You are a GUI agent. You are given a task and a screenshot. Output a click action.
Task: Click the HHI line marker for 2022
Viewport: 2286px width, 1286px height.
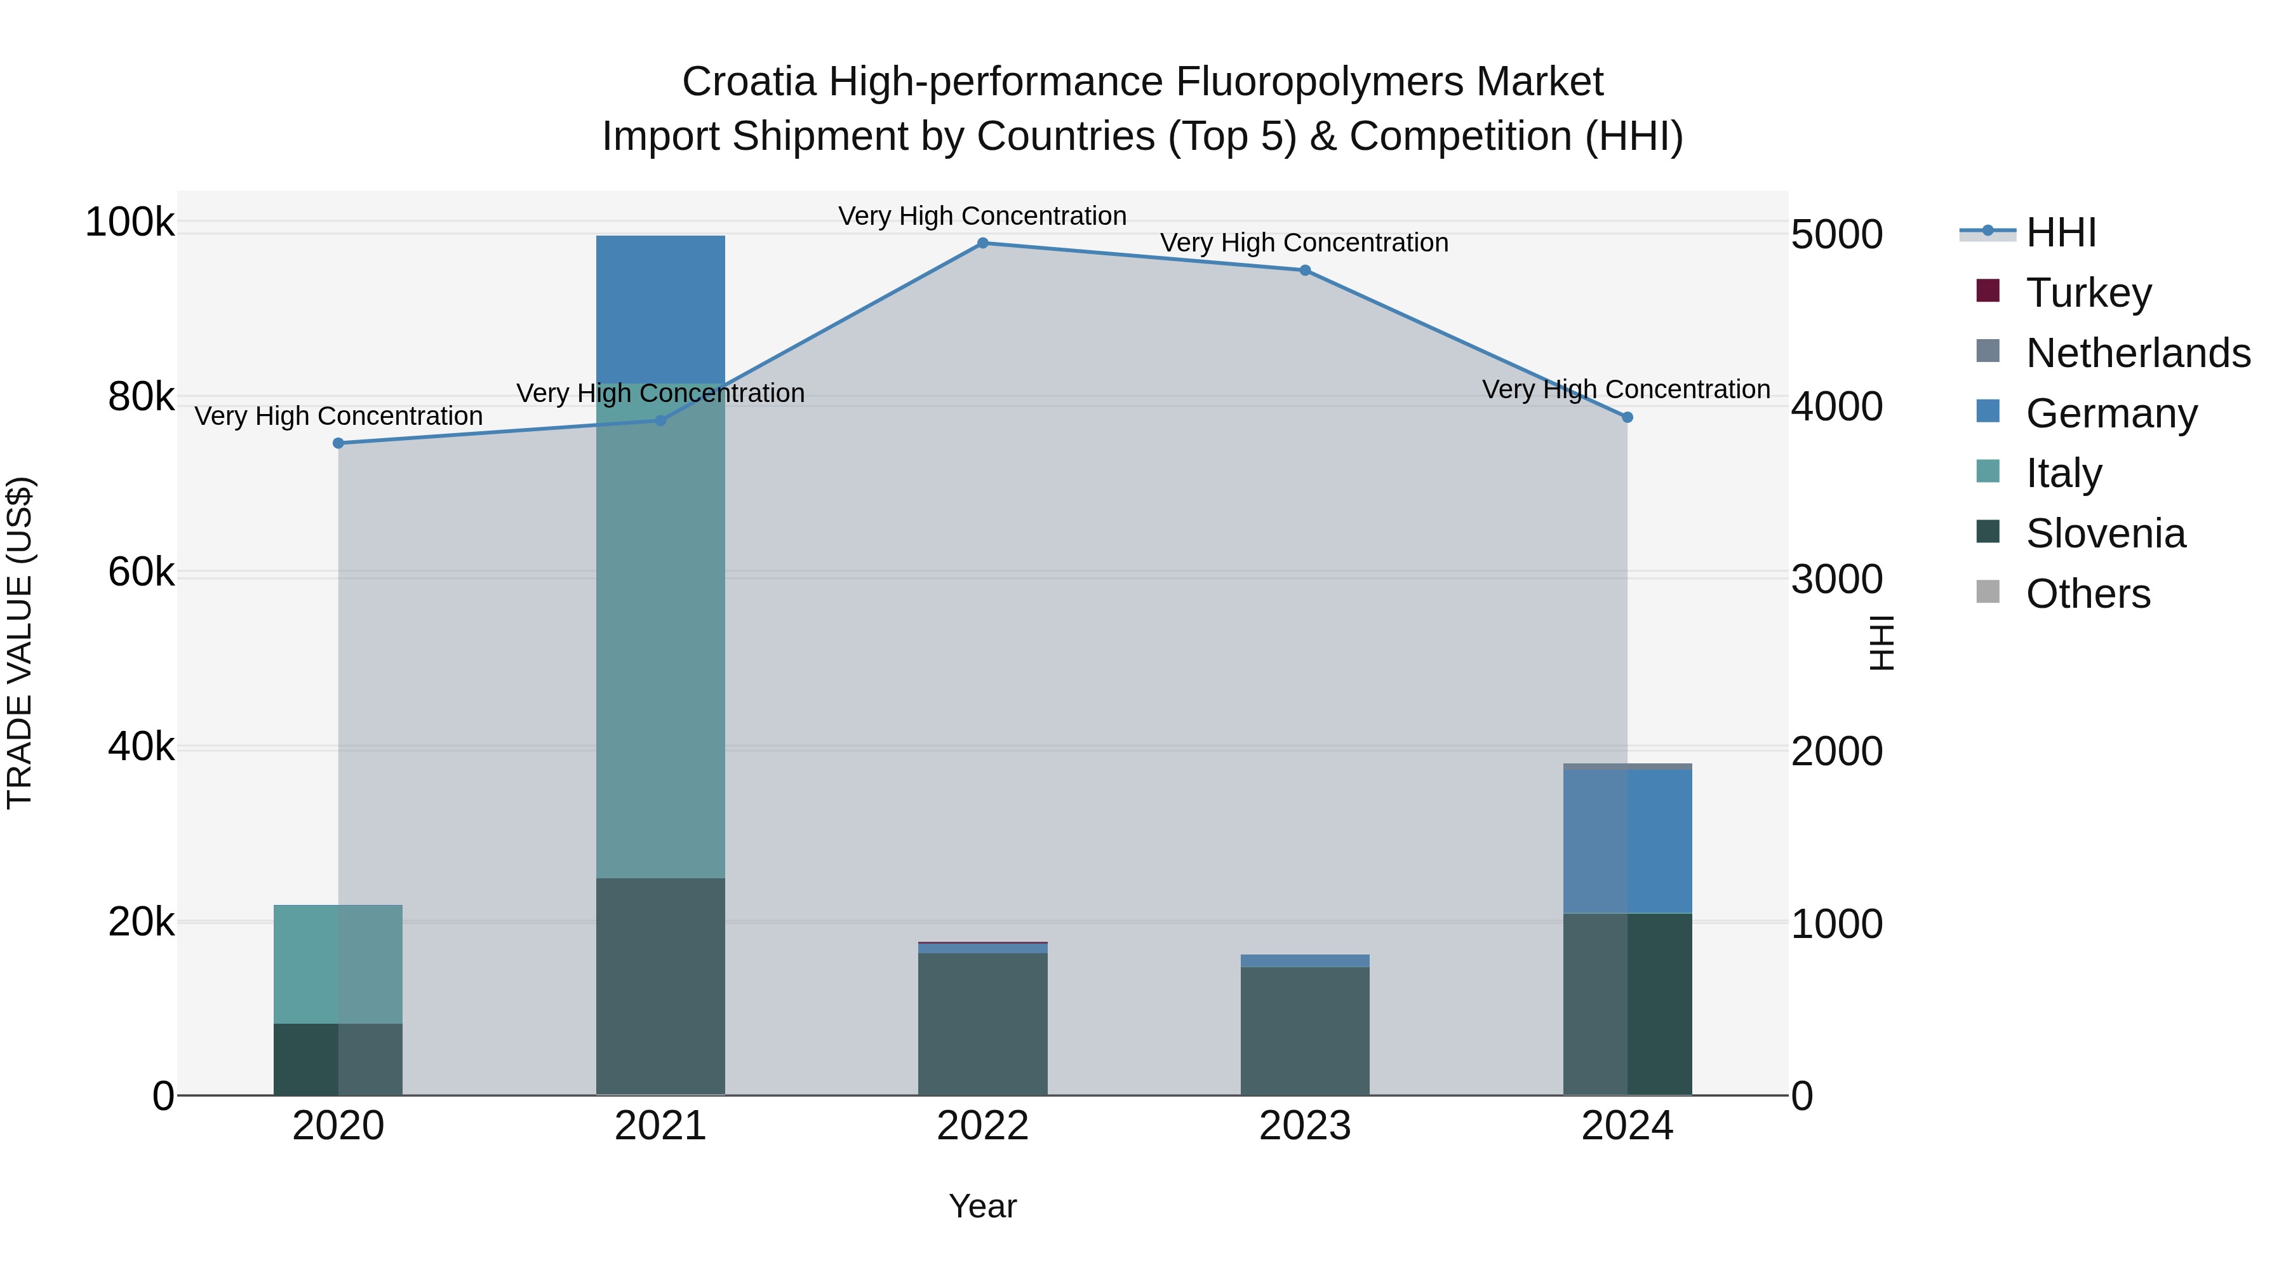click(x=982, y=243)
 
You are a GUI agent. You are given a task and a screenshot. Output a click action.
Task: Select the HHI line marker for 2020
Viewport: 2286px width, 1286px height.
click(x=338, y=443)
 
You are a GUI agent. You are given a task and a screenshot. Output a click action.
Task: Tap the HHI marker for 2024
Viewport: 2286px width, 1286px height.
click(x=1627, y=417)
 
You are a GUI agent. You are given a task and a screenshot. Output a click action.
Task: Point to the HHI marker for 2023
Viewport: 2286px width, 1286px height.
click(x=1304, y=271)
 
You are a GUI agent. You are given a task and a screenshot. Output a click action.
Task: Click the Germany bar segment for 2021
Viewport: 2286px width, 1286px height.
click(x=660, y=309)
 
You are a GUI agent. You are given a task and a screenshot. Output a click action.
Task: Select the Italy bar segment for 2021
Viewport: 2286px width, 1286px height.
click(x=660, y=630)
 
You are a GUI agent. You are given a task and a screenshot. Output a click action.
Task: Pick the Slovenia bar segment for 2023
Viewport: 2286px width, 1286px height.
click(x=1304, y=1031)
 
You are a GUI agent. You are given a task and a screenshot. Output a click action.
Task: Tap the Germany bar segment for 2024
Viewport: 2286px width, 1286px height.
click(x=1627, y=841)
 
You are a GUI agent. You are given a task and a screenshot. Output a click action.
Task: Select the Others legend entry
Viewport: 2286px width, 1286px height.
click(x=2087, y=594)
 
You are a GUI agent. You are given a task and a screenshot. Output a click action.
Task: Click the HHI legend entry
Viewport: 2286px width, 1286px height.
click(x=2061, y=232)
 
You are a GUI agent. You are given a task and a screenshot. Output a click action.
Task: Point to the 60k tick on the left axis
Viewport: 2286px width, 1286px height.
click(x=141, y=572)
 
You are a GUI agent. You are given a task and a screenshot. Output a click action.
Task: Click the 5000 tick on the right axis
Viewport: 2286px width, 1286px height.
click(x=1836, y=235)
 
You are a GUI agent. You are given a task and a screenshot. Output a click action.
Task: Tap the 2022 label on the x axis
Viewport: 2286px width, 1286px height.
click(x=982, y=1126)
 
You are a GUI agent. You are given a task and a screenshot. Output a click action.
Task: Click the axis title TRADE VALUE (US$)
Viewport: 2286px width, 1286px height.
click(x=20, y=643)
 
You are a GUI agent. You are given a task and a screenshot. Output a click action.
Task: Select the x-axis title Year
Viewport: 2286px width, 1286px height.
click(x=982, y=1206)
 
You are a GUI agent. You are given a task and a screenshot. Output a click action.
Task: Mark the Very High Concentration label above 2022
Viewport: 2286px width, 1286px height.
click(x=982, y=216)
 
